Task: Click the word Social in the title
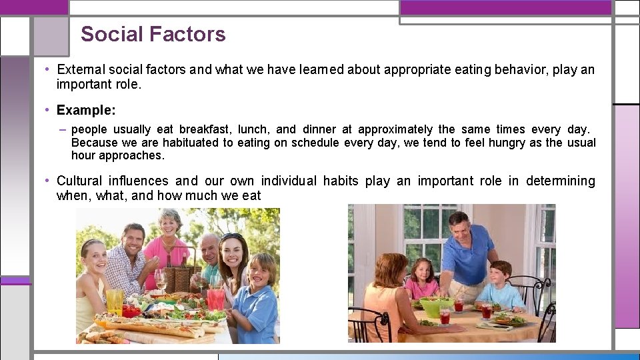(x=110, y=34)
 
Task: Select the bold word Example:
(x=86, y=110)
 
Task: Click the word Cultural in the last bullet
(x=79, y=181)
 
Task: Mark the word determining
(x=561, y=181)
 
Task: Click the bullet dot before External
(x=49, y=69)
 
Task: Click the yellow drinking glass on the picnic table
(x=115, y=302)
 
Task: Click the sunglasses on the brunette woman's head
(x=232, y=237)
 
